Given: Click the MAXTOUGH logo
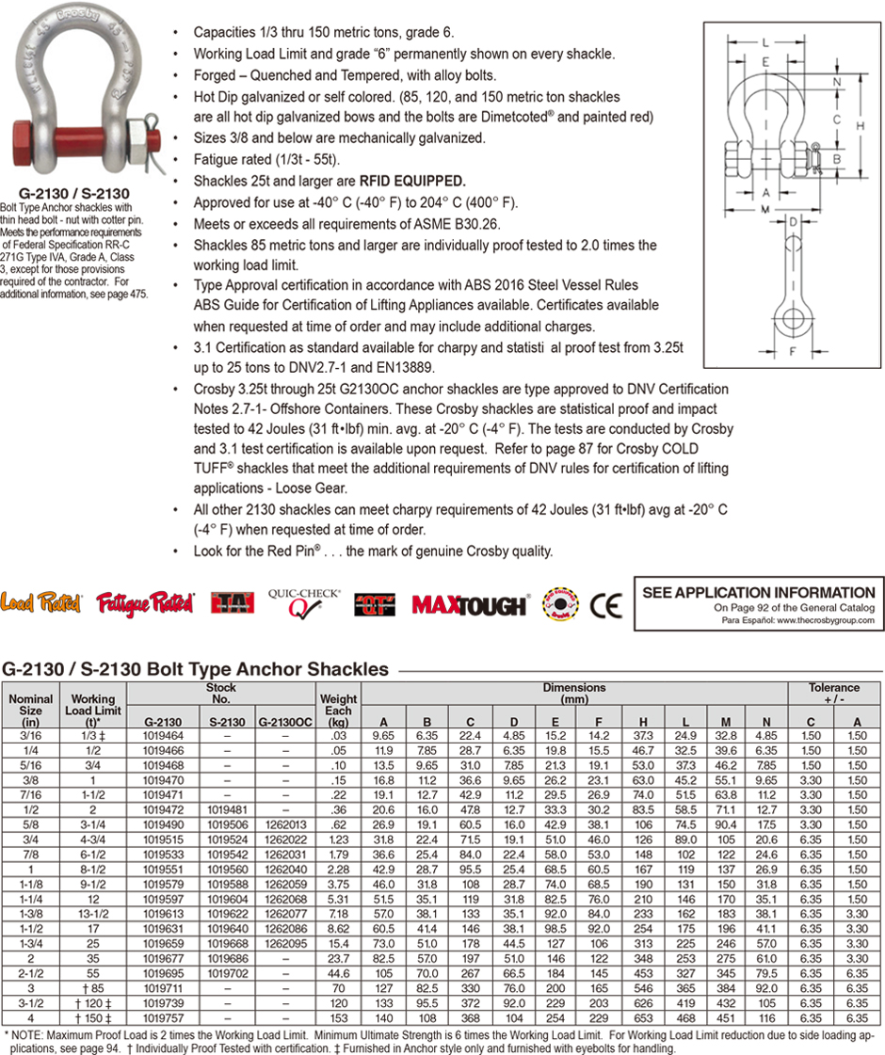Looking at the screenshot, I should (468, 604).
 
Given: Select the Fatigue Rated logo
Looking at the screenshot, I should (145, 602).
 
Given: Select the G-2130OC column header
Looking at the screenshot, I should (284, 722).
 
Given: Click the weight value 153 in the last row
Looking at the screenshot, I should (337, 1017).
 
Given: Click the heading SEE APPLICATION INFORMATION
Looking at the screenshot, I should (758, 592).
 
